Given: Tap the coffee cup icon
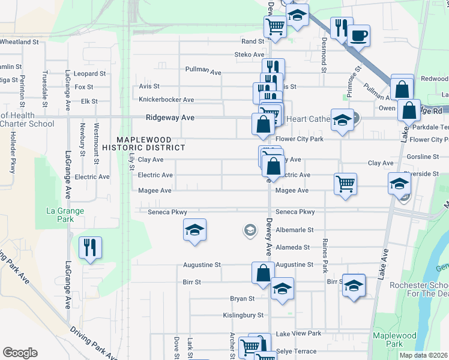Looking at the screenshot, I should (358, 35).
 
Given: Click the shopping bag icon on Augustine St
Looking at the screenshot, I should (263, 272).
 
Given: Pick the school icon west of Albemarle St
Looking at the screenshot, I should (194, 230).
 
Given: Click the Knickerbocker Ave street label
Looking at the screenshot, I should (166, 100).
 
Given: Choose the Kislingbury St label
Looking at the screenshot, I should (243, 315).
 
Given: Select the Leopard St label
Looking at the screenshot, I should (90, 74).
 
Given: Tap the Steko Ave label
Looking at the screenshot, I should (249, 55).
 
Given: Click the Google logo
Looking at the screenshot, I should (20, 353).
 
